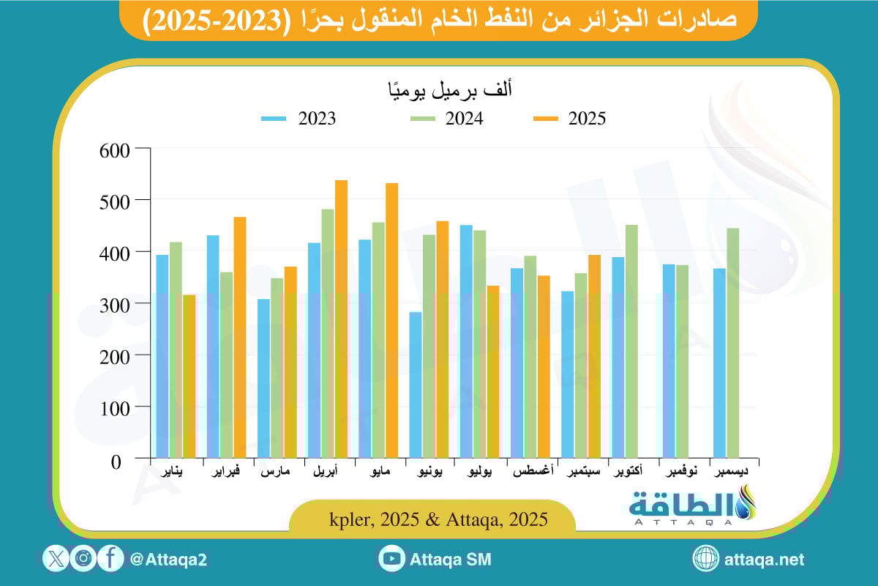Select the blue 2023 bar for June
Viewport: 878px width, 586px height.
click(x=416, y=385)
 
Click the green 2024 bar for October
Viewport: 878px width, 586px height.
click(x=631, y=341)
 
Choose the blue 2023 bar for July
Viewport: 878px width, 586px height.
click(x=466, y=341)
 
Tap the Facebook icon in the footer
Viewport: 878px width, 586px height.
click(x=110, y=559)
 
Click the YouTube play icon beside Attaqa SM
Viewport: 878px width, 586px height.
click(x=392, y=559)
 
